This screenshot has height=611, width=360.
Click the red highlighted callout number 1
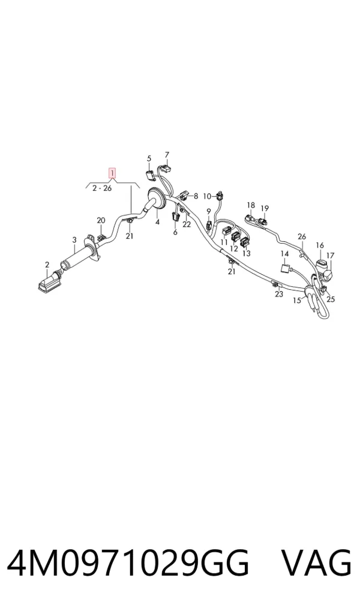point(112,173)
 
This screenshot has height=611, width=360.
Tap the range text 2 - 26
point(102,188)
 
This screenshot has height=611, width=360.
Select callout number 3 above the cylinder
point(74,240)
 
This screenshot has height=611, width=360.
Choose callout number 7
point(167,154)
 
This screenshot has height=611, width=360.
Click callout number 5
point(149,158)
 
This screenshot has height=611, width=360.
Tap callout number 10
point(207,196)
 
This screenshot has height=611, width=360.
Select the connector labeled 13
point(245,242)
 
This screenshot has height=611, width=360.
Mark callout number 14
point(285,254)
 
